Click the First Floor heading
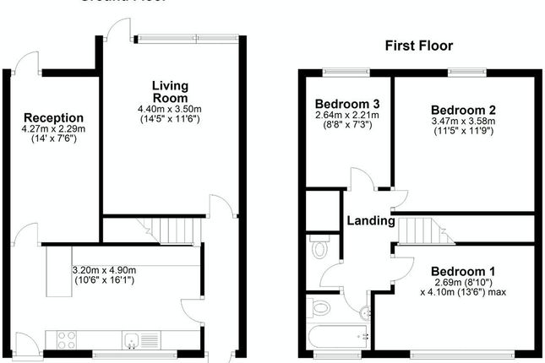coord(418,46)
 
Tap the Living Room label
coord(170,92)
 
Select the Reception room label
coord(53,117)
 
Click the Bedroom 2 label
coord(462,110)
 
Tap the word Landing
coord(371,221)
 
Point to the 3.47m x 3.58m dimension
coord(462,122)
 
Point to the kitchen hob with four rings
coord(66,340)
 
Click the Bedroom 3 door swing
coord(361,179)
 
